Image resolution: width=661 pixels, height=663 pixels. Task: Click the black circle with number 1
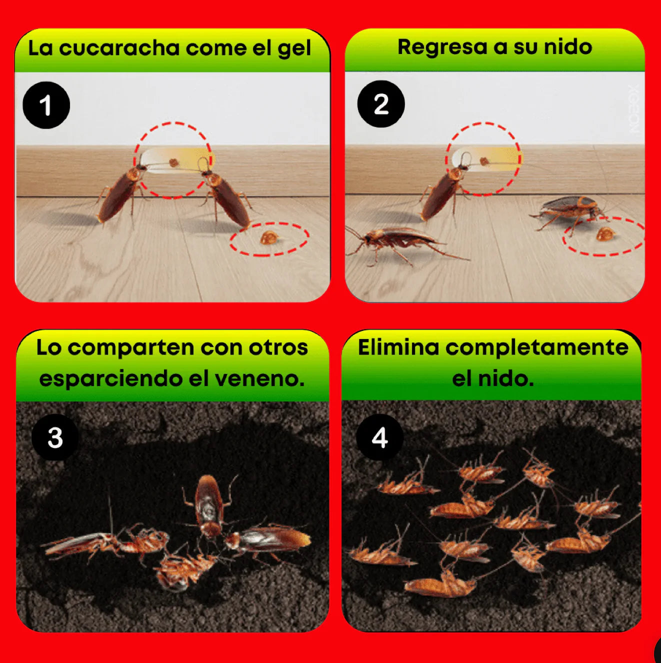click(46, 105)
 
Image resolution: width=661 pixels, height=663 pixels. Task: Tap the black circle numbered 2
click(381, 104)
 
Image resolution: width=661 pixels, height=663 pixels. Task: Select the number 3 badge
click(55, 437)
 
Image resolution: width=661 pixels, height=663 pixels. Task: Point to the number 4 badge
click(379, 437)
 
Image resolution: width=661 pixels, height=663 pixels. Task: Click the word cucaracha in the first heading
click(119, 48)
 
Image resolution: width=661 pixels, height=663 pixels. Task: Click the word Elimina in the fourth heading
click(398, 347)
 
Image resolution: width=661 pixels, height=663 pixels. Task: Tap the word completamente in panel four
click(537, 348)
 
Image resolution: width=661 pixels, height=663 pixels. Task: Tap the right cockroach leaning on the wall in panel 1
click(227, 196)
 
